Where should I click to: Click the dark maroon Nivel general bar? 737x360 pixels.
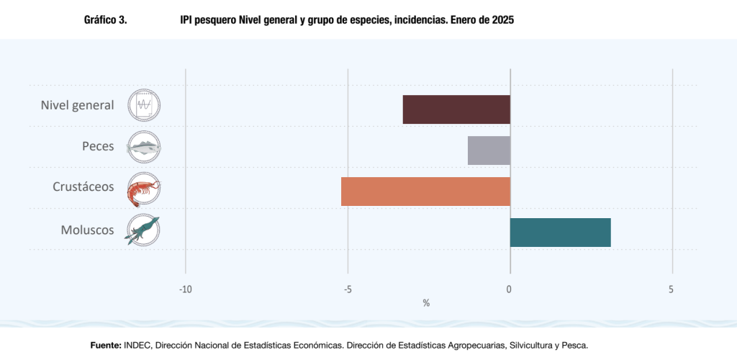click(x=456, y=109)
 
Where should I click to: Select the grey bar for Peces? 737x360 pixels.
click(x=489, y=150)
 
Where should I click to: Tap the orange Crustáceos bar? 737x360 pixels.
click(x=425, y=192)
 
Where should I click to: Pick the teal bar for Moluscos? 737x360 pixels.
click(x=560, y=233)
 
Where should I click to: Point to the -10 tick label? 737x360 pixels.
click(x=186, y=289)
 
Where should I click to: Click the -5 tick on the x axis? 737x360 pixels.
click(x=348, y=289)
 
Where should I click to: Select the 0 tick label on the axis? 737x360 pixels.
click(x=510, y=289)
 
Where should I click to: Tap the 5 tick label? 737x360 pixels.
click(x=672, y=289)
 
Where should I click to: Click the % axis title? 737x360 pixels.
click(x=426, y=303)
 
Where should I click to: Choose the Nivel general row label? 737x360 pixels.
click(x=77, y=105)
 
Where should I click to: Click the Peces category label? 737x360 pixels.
click(x=98, y=146)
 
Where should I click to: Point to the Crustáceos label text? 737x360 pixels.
click(x=83, y=186)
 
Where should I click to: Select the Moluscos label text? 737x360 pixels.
click(x=87, y=230)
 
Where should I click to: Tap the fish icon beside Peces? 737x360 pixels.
click(x=144, y=147)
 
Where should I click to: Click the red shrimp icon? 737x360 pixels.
click(x=144, y=189)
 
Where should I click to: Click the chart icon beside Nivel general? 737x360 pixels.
click(x=144, y=105)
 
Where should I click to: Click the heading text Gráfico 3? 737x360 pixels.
click(x=106, y=21)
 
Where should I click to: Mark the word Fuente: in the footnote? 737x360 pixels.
click(x=105, y=346)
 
